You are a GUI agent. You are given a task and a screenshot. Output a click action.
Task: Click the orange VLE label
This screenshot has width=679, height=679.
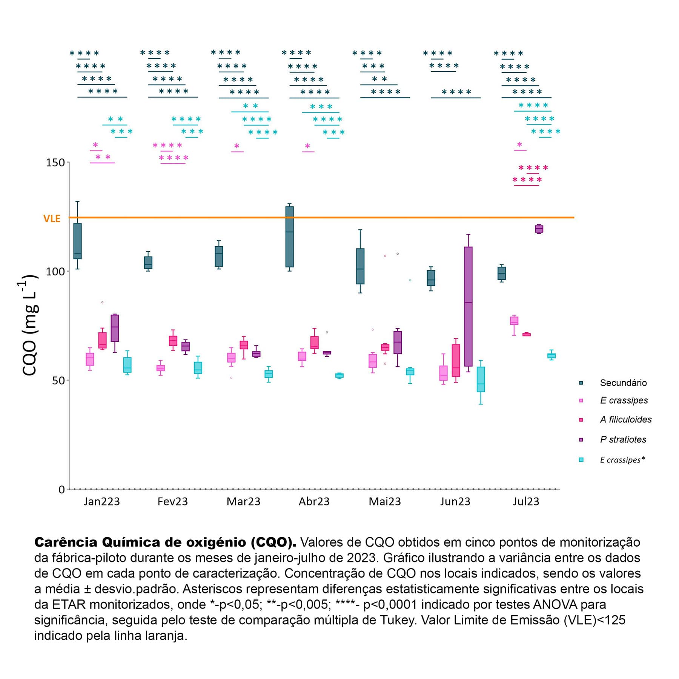pos(52,218)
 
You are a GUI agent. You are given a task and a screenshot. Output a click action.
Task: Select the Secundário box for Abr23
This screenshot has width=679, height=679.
pos(289,237)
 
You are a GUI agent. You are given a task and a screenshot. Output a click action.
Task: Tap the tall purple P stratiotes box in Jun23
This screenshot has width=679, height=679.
pos(468,306)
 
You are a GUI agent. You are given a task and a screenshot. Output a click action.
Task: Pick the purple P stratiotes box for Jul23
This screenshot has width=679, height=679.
pos(539,229)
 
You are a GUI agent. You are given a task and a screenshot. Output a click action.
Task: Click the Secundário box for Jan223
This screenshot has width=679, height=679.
pos(77,241)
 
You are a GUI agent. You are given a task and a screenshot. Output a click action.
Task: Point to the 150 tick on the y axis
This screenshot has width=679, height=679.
pos(55,163)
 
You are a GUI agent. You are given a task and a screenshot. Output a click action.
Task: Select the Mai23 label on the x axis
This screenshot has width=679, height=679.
pos(384,501)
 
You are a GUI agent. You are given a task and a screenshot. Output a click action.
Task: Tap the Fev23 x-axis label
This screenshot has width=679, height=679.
pos(172,501)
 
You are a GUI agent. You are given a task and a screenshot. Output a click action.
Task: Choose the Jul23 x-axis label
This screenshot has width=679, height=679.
pos(526,501)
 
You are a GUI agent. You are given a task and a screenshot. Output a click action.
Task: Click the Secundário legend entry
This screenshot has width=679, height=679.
pos(623,383)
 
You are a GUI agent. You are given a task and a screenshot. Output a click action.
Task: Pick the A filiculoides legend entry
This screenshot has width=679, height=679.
pos(625,419)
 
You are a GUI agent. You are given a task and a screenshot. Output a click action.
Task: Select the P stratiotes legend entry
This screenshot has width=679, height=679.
pos(623,439)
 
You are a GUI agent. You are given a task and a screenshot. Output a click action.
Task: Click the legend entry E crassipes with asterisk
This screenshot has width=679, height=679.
pos(622,460)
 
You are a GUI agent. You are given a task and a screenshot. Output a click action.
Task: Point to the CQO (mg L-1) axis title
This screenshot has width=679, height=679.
pos(30,325)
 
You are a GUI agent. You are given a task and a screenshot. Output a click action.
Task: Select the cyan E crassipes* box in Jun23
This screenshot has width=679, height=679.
pos(481,379)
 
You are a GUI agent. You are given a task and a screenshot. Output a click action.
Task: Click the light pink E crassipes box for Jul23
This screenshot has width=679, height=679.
pos(514,321)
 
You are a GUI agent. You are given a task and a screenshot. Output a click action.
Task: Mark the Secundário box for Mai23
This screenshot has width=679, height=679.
pos(360,266)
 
